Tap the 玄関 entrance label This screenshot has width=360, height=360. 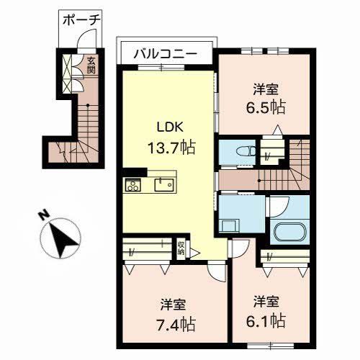click(91, 66)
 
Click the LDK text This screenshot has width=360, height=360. click(171, 127)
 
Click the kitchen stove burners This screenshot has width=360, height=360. click(134, 185)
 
